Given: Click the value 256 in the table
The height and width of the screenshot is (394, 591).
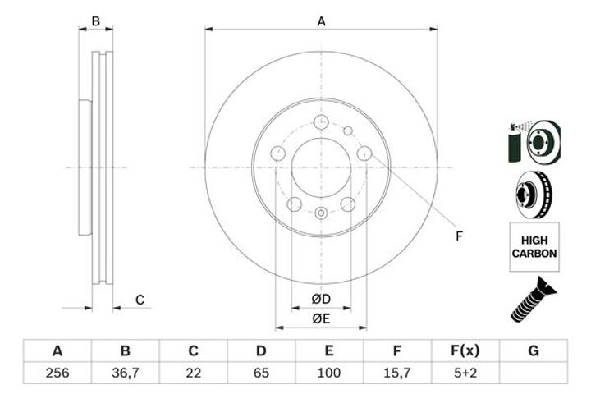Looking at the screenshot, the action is tap(57, 373).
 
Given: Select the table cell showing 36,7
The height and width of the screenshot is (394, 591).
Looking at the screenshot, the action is tap(125, 373).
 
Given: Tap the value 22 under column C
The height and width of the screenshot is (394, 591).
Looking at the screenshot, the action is tap(193, 373).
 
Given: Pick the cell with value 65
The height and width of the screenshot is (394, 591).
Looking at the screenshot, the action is tap(261, 373).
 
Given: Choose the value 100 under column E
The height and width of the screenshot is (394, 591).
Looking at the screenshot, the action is tap(329, 373).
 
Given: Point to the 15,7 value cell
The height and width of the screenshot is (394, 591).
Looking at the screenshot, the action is tap(397, 373).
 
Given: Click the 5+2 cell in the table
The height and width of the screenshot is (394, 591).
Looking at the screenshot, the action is tap(465, 373).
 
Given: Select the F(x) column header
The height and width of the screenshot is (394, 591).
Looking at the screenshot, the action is tap(465, 350).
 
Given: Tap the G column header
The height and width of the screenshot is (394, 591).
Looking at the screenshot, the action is tap(534, 350).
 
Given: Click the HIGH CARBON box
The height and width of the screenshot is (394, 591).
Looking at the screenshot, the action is tap(534, 246).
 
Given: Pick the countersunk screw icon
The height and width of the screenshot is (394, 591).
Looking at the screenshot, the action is tap(533, 300).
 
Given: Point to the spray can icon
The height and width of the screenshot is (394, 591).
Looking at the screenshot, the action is tap(514, 144).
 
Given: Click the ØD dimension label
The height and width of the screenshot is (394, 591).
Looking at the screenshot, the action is tap(321, 299).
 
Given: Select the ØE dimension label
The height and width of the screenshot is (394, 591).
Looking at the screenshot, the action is tap(321, 319).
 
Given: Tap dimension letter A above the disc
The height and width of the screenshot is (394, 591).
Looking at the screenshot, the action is tap(321, 21).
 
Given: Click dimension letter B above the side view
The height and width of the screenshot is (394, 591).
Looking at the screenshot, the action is tap(96, 21).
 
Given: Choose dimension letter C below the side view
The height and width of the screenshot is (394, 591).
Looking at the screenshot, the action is tap(140, 300).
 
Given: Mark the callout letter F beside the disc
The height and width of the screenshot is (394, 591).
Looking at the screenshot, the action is tap(459, 236).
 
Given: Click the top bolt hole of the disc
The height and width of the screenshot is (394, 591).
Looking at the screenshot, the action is tap(321, 122).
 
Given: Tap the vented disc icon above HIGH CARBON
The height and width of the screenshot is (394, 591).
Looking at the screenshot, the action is tap(534, 195).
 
